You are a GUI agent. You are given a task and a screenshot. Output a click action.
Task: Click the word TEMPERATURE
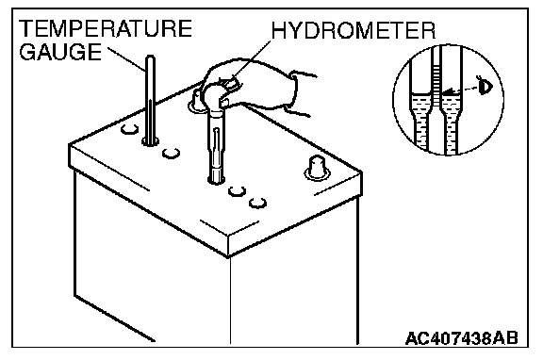tap(106, 28)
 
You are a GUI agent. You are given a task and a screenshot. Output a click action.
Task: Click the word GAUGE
tap(60, 52)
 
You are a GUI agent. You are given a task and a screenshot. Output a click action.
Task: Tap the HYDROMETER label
tap(354, 30)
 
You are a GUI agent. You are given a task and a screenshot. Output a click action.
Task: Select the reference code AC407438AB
tap(462, 337)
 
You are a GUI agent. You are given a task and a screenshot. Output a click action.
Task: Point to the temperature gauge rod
tap(150, 100)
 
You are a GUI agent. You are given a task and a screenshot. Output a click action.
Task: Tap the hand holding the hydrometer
tap(256, 87)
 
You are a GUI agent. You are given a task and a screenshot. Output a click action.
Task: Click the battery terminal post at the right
tap(317, 168)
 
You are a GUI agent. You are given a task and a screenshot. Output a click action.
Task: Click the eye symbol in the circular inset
tap(485, 86)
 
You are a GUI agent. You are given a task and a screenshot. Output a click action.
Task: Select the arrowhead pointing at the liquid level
tap(448, 92)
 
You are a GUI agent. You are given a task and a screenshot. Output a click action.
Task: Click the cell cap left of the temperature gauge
tap(129, 129)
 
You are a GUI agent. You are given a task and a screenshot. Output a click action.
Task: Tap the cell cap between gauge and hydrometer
tap(171, 153)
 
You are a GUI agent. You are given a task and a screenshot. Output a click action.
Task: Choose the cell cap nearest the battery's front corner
tap(257, 203)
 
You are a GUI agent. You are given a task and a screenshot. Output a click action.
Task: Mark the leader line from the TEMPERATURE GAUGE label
tap(126, 58)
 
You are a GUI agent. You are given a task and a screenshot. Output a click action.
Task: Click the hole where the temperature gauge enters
tap(150, 141)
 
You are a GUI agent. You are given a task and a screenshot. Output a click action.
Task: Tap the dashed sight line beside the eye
tap(466, 89)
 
